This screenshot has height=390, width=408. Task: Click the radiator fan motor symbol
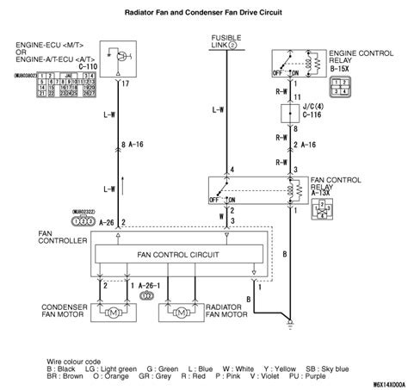[x=179, y=315]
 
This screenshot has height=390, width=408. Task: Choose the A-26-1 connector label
[x=148, y=283]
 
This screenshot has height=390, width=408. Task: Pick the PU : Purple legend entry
[x=331, y=375]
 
